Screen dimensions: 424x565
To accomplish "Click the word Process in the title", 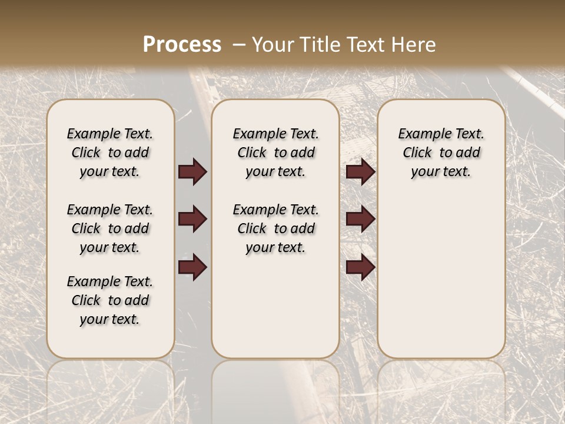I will click(182, 45).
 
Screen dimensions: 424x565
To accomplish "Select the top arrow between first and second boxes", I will click(192, 172).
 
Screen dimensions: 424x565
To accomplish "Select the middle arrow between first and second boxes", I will click(192, 220).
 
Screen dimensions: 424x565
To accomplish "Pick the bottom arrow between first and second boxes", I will click(192, 267).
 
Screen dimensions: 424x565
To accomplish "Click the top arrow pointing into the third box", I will click(360, 172).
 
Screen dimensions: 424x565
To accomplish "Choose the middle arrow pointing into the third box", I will click(360, 220).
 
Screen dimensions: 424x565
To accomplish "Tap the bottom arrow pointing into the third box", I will click(360, 267).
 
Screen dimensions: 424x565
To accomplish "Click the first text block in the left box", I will click(110, 153).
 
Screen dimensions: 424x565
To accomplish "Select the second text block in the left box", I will click(110, 228).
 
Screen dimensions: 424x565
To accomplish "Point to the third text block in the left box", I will click(110, 300).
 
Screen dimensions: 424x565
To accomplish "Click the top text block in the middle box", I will click(275, 153).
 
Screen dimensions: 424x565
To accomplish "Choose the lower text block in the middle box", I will click(275, 228).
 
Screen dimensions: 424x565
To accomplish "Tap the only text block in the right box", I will click(441, 153).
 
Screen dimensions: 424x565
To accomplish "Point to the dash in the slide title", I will click(240, 45).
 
